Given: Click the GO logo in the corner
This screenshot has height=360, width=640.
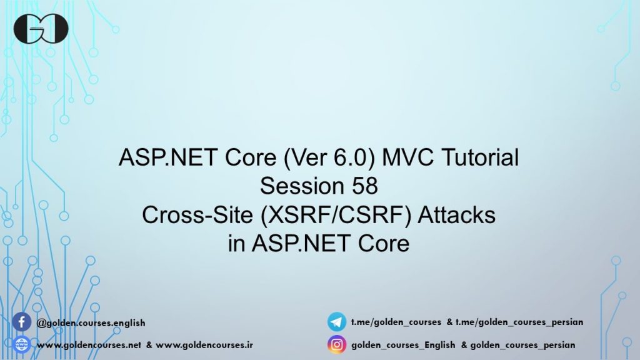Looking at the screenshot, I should pyautogui.click(x=41, y=29).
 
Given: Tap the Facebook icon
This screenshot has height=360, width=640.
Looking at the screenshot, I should pyautogui.click(x=22, y=322).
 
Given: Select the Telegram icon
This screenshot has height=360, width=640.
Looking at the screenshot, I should pyautogui.click(x=337, y=322).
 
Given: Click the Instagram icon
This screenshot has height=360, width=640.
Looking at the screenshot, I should pyautogui.click(x=337, y=344).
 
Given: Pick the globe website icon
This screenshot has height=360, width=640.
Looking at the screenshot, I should pyautogui.click(x=22, y=344).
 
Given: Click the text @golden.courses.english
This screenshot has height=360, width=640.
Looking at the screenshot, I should pyautogui.click(x=92, y=323).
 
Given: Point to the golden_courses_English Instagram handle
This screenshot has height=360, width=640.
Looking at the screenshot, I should pyautogui.click(x=404, y=345).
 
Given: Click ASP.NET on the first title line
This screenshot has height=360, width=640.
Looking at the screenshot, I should pyautogui.click(x=155, y=158).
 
